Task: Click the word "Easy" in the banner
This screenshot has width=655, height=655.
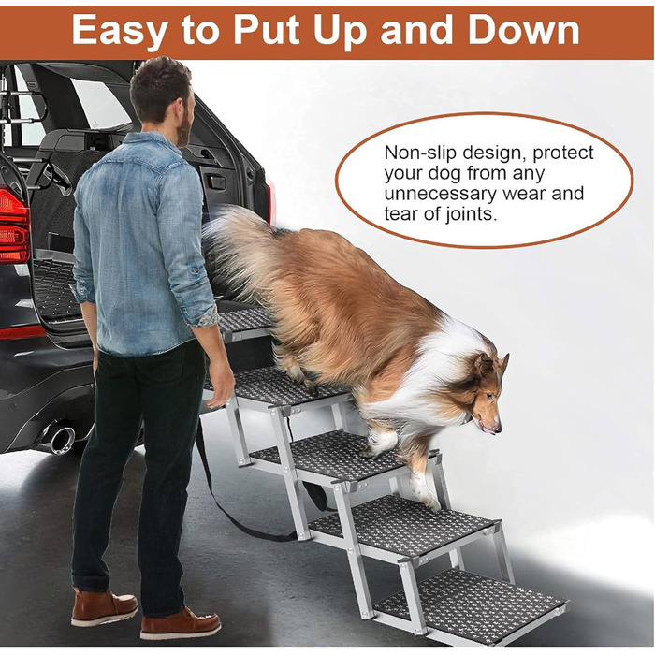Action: point(121,30)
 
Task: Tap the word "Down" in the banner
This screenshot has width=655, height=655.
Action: point(523,30)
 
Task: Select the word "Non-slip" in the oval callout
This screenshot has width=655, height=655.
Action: point(420,153)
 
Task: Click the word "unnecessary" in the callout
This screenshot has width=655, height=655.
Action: point(440,194)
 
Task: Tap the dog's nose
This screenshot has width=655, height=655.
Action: point(496,429)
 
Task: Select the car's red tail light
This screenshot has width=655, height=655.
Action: point(14,226)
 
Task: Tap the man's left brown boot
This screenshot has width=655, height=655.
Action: point(105,607)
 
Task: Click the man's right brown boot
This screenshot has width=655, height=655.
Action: point(181,624)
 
